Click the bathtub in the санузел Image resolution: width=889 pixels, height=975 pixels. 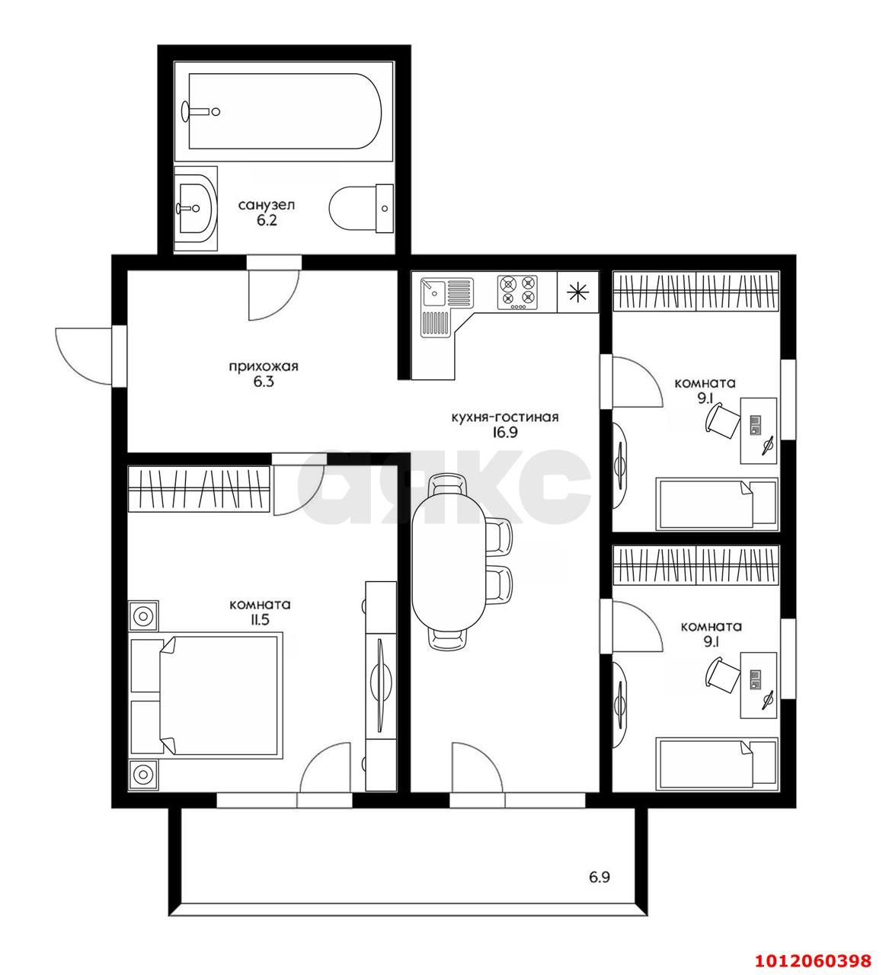tap(283, 111)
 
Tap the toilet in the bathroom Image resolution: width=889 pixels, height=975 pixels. tap(360, 209)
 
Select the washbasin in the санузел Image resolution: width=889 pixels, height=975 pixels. tap(195, 209)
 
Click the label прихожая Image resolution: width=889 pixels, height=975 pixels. tap(263, 366)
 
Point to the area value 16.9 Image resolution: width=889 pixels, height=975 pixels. tap(505, 432)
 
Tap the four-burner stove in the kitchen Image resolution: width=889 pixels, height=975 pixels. tap(517, 292)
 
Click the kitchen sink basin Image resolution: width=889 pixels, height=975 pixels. tap(433, 292)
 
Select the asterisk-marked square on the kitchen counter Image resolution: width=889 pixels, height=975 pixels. tap(577, 292)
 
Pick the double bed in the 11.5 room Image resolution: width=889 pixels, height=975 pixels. tap(206, 695)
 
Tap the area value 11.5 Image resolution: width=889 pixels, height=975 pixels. tap(260, 620)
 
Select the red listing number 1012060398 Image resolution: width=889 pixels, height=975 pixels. tap(813, 960)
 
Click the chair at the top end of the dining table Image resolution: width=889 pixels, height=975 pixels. tap(449, 484)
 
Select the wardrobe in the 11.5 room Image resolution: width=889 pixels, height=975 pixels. tap(199, 489)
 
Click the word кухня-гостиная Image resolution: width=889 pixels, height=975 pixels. tap(505, 417)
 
